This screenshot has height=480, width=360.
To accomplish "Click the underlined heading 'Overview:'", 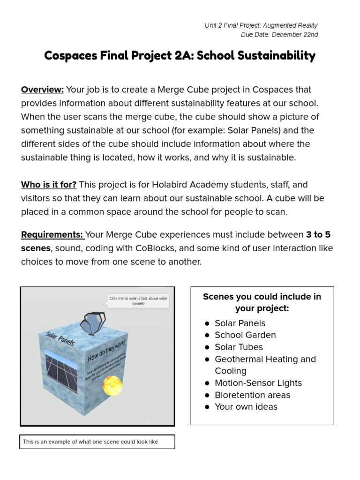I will pos(42,90).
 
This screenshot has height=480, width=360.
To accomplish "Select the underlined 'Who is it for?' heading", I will pos(49,185).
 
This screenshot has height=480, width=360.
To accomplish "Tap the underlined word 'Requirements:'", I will pos(52,234).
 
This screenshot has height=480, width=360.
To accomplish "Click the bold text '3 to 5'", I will pos(318,234).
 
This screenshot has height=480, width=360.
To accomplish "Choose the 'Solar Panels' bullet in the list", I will pos(240,323).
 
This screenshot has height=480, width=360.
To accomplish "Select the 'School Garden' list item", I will pos(245,335).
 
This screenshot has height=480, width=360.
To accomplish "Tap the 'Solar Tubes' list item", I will pos(239,347).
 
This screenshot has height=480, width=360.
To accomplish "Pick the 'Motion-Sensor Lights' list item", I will pos(258,383).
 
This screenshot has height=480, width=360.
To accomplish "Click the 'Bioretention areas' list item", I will pos(252,395).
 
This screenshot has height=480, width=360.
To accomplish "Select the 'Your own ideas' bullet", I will pos(246,407).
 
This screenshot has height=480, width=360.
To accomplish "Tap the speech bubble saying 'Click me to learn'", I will pos(138,300).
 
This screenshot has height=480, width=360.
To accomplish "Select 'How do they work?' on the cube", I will pos(107,351).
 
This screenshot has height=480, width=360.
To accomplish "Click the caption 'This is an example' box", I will pos(97,442).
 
